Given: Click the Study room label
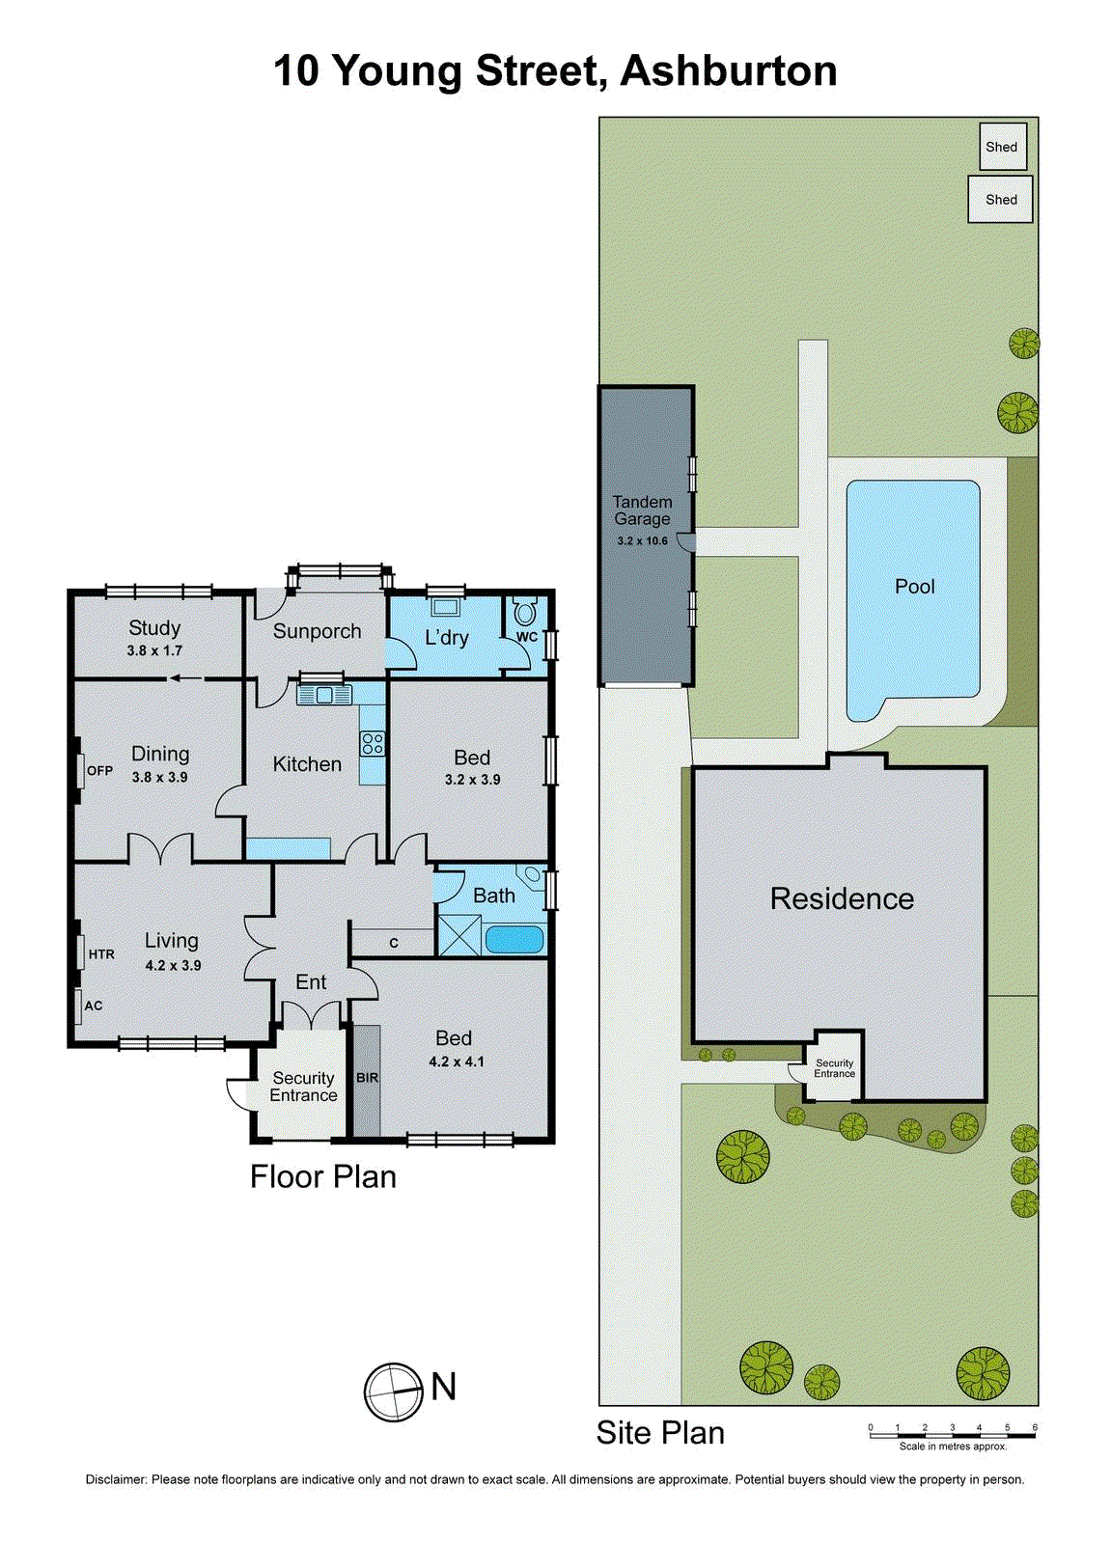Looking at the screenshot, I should pyautogui.click(x=154, y=628).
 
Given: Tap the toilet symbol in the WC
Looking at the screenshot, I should pyautogui.click(x=524, y=614).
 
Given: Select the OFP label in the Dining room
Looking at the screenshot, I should pyautogui.click(x=99, y=771).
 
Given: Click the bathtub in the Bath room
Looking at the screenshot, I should pyautogui.click(x=514, y=939).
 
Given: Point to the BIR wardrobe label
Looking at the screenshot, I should pyautogui.click(x=367, y=1078).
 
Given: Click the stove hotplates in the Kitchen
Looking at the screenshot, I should pyautogui.click(x=373, y=743).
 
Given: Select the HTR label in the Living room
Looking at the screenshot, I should pyautogui.click(x=101, y=954).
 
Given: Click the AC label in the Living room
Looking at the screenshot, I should pyautogui.click(x=94, y=1006).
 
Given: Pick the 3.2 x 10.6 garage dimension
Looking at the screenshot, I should pyautogui.click(x=643, y=541).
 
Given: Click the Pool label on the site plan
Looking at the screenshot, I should pyautogui.click(x=914, y=587).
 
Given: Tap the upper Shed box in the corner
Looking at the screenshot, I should pyautogui.click(x=1002, y=147).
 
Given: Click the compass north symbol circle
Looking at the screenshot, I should pyautogui.click(x=394, y=1392).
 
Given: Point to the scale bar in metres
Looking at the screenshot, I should pyautogui.click(x=952, y=1436).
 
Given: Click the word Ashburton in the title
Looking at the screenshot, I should pyautogui.click(x=729, y=71).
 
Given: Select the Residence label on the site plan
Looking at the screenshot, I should pyautogui.click(x=842, y=899).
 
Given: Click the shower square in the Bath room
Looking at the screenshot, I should pyautogui.click(x=458, y=936).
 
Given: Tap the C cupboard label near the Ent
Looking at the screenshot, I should pyautogui.click(x=394, y=943).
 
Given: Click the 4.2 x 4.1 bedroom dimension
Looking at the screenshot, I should pyautogui.click(x=457, y=1061).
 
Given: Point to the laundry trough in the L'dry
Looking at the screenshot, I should pyautogui.click(x=446, y=607).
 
